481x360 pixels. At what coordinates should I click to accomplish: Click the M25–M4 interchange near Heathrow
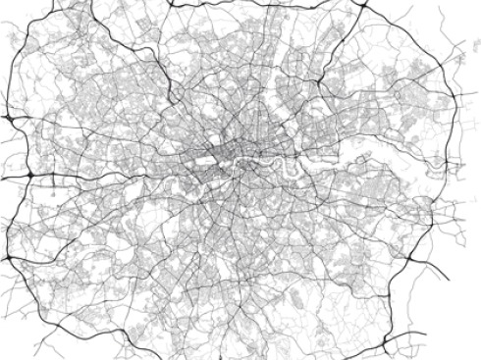[x=30, y=174]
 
